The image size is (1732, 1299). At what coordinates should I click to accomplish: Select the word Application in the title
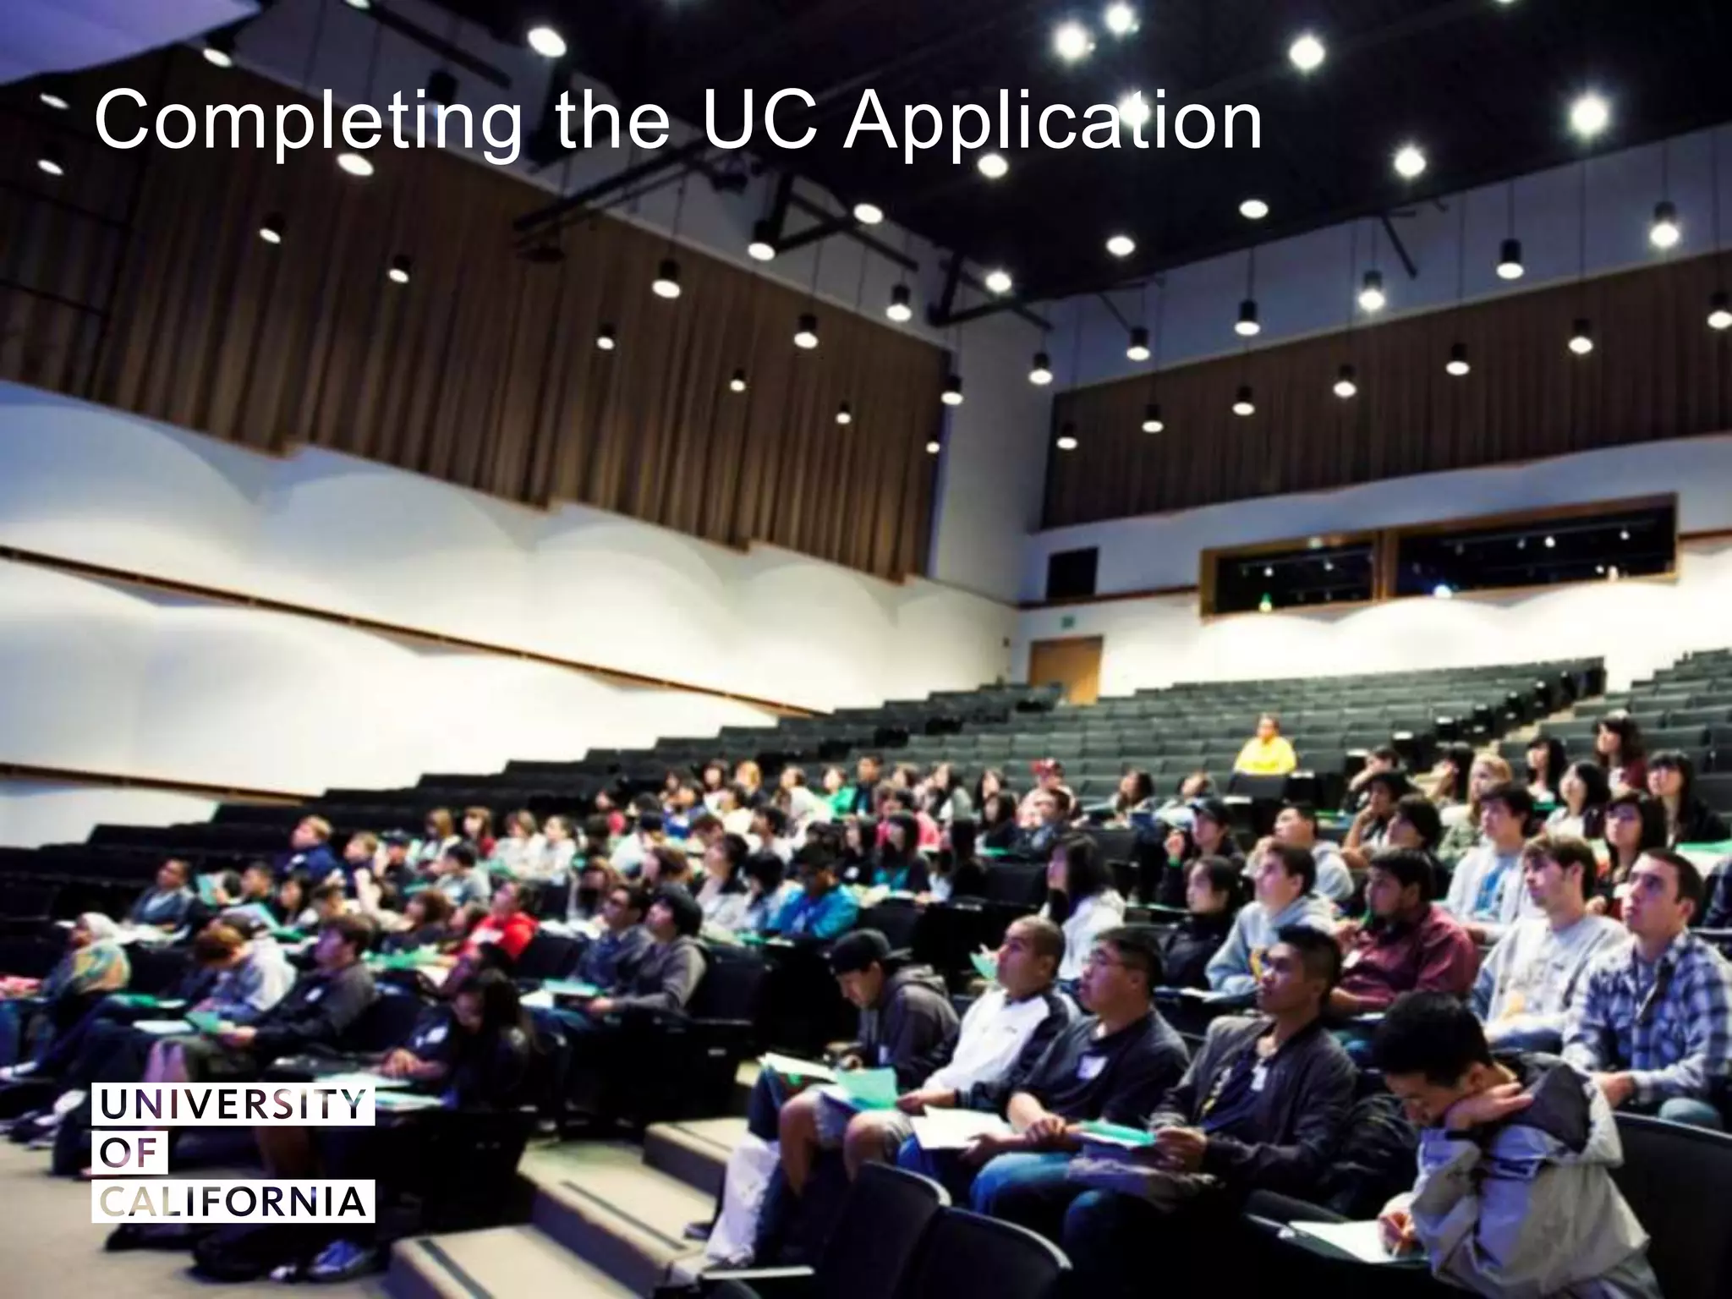tap(1052, 123)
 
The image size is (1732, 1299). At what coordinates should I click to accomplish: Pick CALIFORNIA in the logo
tap(233, 1202)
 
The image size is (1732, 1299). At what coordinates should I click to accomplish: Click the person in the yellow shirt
tap(1264, 748)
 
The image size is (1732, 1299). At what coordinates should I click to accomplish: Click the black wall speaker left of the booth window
tap(1072, 573)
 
